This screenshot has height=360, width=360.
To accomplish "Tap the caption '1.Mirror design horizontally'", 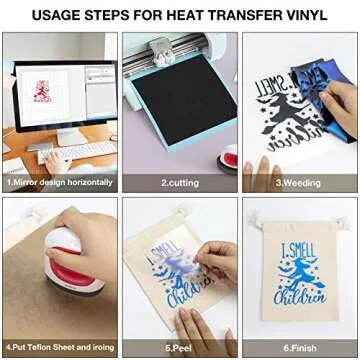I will point(57,183).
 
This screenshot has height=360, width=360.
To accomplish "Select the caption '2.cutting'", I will point(180,183).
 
